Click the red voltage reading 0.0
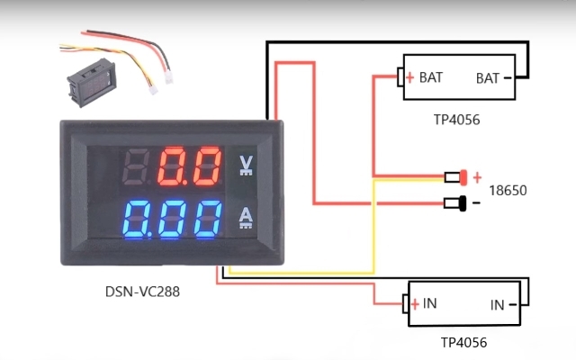[189, 166]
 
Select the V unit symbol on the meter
[245, 165]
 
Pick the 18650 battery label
[508, 191]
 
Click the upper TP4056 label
[456, 118]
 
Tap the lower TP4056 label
[464, 343]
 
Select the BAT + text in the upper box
[424, 77]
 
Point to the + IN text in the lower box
[424, 303]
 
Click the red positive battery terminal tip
[463, 176]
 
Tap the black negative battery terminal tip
[463, 203]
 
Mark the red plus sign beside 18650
[477, 177]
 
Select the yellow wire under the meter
[297, 272]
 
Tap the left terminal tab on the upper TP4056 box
[400, 77]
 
